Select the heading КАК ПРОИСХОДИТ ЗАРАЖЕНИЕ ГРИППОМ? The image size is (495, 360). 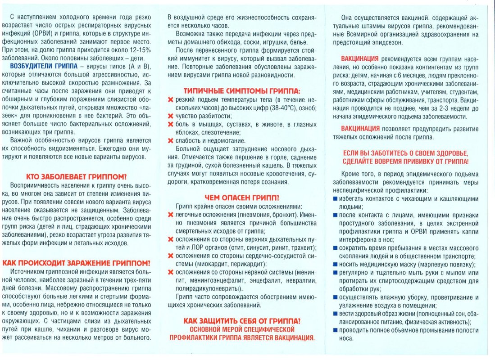[77, 263]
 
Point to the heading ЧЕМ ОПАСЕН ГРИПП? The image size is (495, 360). [241, 197]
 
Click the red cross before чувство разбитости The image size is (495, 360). [171, 117]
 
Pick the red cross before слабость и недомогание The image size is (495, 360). [171, 141]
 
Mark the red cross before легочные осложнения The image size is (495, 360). [171, 215]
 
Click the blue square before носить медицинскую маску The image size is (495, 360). [336, 264]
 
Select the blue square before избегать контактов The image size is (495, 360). [336, 198]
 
